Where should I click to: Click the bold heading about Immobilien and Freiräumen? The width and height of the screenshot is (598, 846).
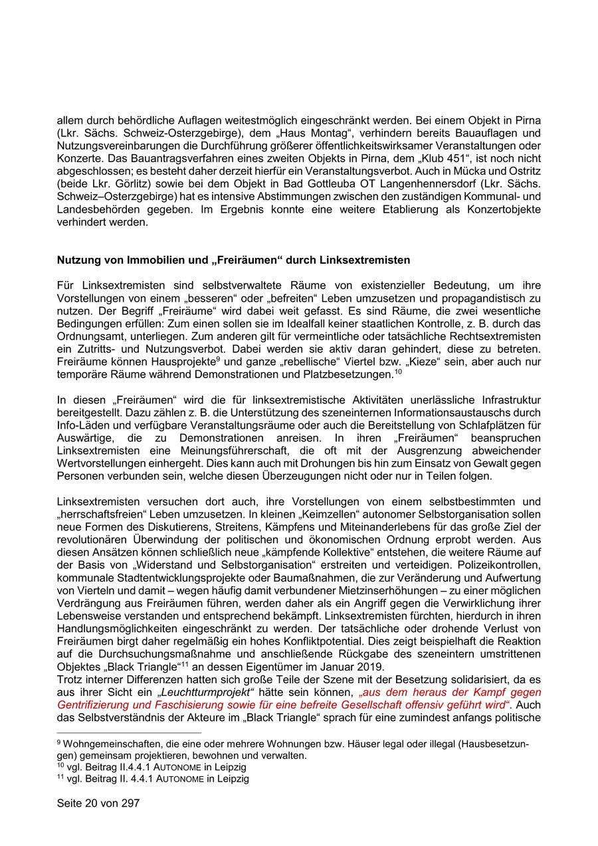233,259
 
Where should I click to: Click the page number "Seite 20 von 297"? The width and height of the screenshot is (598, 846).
98,803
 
